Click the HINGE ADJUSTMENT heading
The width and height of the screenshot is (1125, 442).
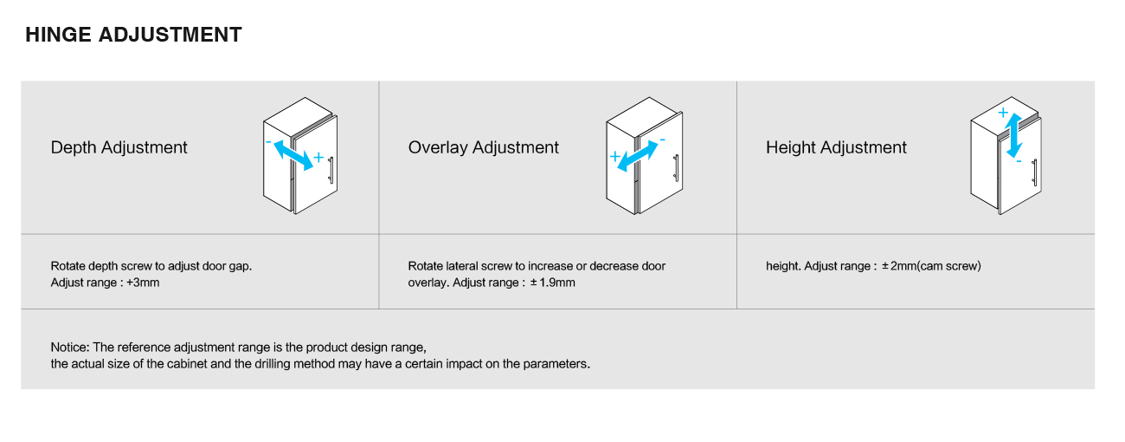(x=133, y=35)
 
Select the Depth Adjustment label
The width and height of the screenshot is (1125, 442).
(x=119, y=147)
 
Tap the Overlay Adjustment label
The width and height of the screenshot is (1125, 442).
(x=483, y=147)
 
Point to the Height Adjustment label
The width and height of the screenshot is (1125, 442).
(x=836, y=147)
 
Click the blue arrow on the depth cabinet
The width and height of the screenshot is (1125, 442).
(x=293, y=155)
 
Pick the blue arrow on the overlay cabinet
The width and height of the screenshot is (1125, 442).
(x=637, y=156)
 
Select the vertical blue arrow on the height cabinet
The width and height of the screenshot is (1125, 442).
(x=1013, y=136)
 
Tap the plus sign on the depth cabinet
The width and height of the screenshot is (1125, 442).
(x=318, y=158)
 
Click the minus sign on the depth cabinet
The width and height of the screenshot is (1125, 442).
(x=268, y=142)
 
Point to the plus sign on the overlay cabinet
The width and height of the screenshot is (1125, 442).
(x=614, y=156)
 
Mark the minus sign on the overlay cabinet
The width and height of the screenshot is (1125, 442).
(x=662, y=140)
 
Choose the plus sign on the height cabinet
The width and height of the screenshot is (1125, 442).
(x=1003, y=112)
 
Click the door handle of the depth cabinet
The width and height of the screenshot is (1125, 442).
(x=331, y=170)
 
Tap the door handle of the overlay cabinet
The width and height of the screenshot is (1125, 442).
(x=676, y=167)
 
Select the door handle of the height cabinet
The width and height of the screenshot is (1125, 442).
(x=1035, y=172)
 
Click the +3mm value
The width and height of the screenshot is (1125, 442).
(x=143, y=283)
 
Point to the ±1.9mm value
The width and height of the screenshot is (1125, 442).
(x=552, y=283)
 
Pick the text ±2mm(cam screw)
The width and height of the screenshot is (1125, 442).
(x=931, y=266)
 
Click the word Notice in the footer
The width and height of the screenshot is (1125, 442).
(x=70, y=348)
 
